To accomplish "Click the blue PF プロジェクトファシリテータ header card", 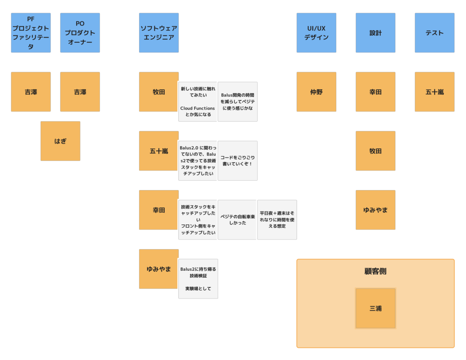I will pos(31,33).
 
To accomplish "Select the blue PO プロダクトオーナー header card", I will pos(80,33).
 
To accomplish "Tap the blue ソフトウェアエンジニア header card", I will pos(159,33).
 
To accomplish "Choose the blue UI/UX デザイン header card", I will pos(316,33).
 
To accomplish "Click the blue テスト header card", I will pos(435,33).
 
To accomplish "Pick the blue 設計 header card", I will pos(376,33).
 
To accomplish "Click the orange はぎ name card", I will pos(60,141).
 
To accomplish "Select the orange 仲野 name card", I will pos(316,92).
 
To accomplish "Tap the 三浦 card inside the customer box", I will pos(376,308).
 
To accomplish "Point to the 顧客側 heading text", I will pos(376,271).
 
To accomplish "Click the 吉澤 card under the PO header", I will pos(80,92).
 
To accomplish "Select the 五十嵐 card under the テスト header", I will pos(435,92).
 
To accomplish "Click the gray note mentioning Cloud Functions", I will pos(198,102).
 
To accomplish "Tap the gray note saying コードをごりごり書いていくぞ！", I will pos(238,161).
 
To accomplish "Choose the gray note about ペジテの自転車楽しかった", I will pos(238,220).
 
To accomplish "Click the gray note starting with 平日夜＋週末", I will pos(277,220).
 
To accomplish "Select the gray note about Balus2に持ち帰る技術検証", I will pos(198,279).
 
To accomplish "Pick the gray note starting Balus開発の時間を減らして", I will pos(238,102).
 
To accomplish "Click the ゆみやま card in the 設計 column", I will pos(376,210).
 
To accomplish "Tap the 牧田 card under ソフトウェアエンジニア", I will pos(159,92).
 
